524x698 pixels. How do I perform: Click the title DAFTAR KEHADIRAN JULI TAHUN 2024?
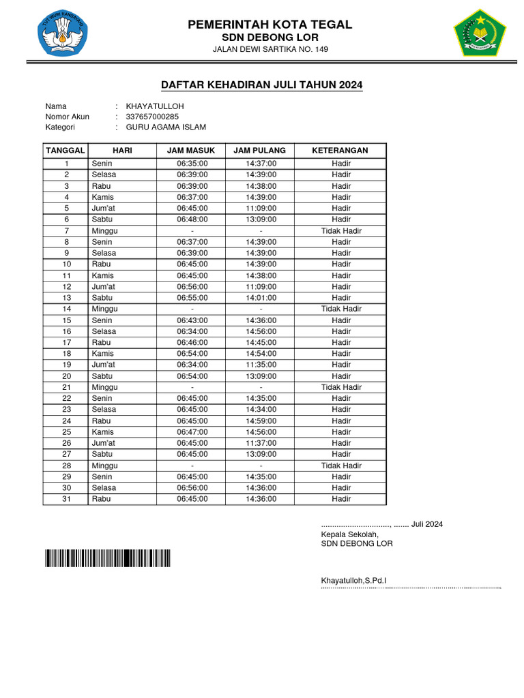coord(261,85)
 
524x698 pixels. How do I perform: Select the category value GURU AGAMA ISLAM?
coord(166,127)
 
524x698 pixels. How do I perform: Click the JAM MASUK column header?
coord(192,150)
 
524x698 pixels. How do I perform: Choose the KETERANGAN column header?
coord(340,150)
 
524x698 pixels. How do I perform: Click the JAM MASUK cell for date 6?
coord(192,219)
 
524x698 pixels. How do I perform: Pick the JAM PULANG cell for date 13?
coord(261,298)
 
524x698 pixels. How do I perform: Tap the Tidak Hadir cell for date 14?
coord(341,309)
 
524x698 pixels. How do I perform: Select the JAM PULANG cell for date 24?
coord(261,421)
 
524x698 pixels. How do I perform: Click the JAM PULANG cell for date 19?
coord(261,365)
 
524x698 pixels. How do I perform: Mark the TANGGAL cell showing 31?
coord(67,499)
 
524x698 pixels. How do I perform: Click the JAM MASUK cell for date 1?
coord(192,164)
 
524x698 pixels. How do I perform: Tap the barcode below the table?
coord(108,558)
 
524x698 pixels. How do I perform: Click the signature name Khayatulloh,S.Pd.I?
coord(353,581)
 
